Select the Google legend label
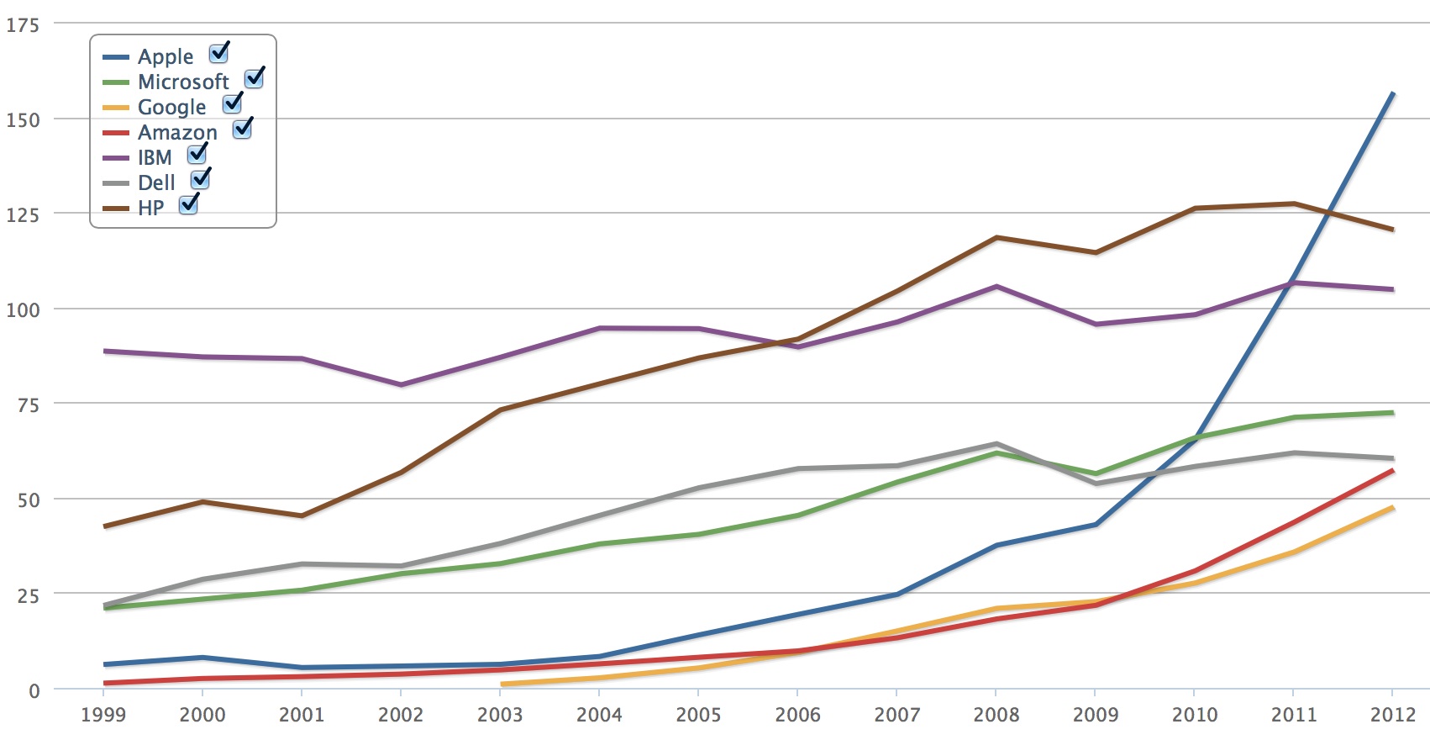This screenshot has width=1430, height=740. point(171,107)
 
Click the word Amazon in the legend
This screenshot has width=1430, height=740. point(177,132)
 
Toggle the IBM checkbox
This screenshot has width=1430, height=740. point(197,155)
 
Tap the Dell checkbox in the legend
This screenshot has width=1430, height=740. point(200,180)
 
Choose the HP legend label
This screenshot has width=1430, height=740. point(150,208)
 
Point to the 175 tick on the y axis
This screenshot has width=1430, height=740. point(23,25)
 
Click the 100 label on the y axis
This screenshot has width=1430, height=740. point(23,309)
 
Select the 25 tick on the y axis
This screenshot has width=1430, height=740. point(28,595)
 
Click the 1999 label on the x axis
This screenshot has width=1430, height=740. point(103,715)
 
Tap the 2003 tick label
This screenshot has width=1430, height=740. point(500,715)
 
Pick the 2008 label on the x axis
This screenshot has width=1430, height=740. point(996,715)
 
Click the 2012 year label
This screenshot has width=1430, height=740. point(1392,715)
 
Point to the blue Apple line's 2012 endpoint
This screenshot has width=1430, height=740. point(1393,93)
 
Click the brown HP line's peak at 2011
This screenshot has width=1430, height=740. point(1294,203)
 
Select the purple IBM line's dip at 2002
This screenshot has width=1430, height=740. point(401,385)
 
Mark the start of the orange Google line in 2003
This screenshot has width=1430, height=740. point(502,684)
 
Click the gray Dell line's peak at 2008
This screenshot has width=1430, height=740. point(996,443)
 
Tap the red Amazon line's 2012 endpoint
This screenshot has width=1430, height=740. point(1393,471)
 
